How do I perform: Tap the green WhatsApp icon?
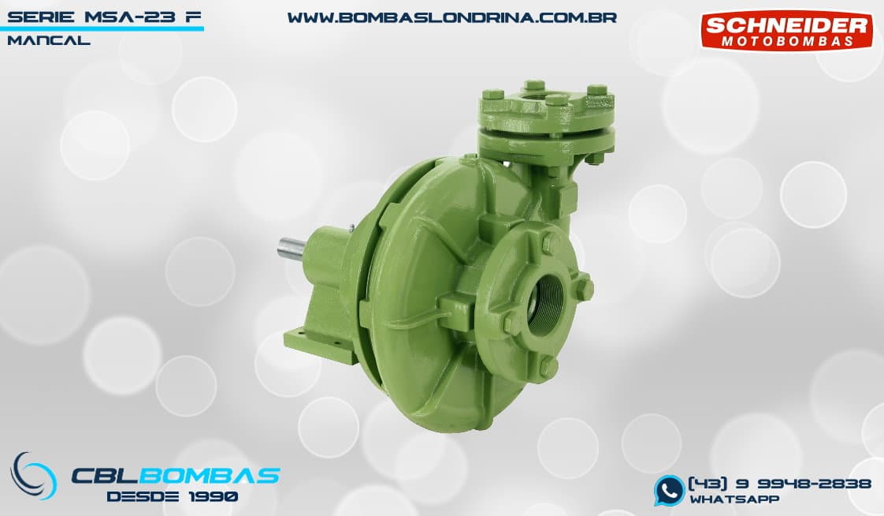(669, 490)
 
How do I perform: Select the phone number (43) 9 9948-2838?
(780, 484)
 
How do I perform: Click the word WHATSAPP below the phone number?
(734, 499)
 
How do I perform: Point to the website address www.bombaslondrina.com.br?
(452, 17)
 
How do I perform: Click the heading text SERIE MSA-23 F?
(104, 17)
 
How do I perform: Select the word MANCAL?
(49, 41)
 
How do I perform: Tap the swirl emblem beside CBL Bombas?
(33, 475)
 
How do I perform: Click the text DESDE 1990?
(172, 497)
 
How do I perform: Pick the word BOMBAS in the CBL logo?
(209, 476)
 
